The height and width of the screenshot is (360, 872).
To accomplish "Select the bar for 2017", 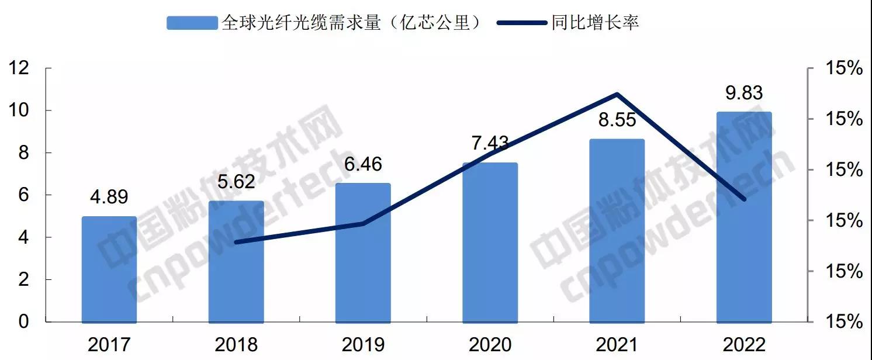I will point(109,269).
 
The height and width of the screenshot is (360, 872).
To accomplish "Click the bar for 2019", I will point(363,252).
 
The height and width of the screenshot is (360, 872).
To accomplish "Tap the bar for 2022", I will point(744,217).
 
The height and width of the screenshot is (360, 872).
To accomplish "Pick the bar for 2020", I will point(490,243).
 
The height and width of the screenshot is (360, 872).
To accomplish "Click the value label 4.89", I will point(109,197).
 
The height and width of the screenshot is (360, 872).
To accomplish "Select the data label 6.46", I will point(363,164).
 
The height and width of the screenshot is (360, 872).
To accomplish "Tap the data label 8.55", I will point(617,121).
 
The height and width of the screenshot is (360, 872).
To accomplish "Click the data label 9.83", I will point(743,93).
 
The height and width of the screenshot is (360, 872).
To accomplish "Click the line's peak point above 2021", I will point(617,94).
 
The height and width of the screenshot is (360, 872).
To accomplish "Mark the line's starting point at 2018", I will point(236,241).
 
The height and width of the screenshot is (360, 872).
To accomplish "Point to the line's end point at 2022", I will point(744,199).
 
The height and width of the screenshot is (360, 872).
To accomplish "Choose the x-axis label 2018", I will point(236,344).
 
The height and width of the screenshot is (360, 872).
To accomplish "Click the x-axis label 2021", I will point(617,344).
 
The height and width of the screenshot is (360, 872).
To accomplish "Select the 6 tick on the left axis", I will point(25,195).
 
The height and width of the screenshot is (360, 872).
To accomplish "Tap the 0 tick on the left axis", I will point(25,322).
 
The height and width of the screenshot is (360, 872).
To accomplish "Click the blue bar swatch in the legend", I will point(192,23).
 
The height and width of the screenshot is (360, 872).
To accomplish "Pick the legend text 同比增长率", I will point(595,23).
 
